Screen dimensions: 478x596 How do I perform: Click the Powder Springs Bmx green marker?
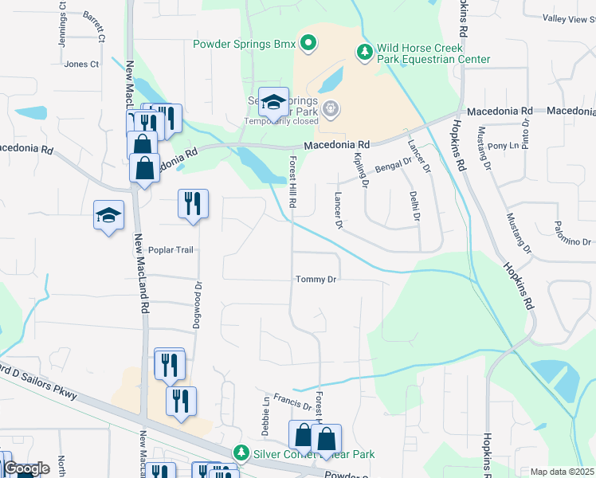click(x=309, y=44)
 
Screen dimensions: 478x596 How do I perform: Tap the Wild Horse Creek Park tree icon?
click(x=364, y=52)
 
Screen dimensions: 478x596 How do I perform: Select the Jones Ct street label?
click(x=81, y=64)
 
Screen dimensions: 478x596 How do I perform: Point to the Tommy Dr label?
click(x=317, y=280)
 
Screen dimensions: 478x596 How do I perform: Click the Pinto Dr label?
click(x=526, y=132)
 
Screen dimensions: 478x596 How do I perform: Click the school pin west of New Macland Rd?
click(x=108, y=215)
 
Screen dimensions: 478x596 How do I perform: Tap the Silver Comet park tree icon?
click(x=241, y=453)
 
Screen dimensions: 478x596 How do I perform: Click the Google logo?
click(x=25, y=468)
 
